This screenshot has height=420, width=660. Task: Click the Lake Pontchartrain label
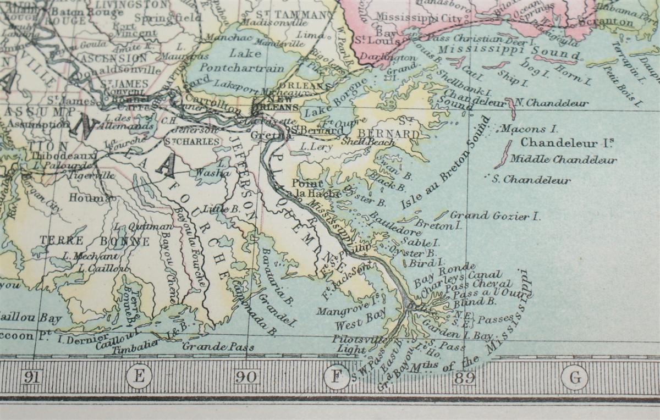[249, 61]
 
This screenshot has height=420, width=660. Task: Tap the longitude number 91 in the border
[31, 377]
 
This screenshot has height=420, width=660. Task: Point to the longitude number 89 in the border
[464, 378]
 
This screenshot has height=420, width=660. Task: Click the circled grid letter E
[139, 377]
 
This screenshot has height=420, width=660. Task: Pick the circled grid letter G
[575, 378]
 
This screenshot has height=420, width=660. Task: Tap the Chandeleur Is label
[567, 142]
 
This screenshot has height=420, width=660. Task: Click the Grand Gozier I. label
[495, 215]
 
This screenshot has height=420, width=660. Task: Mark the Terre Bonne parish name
[94, 241]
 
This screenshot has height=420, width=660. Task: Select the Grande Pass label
[218, 346]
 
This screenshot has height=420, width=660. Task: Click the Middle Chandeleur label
[563, 160]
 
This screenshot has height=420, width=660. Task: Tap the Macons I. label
[529, 129]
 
